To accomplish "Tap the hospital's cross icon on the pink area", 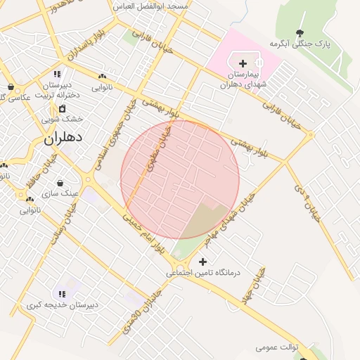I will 243,64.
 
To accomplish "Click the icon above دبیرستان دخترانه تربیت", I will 58,74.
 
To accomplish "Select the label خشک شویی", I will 67,120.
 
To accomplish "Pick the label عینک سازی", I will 61,192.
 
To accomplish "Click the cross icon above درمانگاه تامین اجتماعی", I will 203,262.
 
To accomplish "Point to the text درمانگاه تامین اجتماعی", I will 203,272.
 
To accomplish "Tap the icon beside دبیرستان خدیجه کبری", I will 62,294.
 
